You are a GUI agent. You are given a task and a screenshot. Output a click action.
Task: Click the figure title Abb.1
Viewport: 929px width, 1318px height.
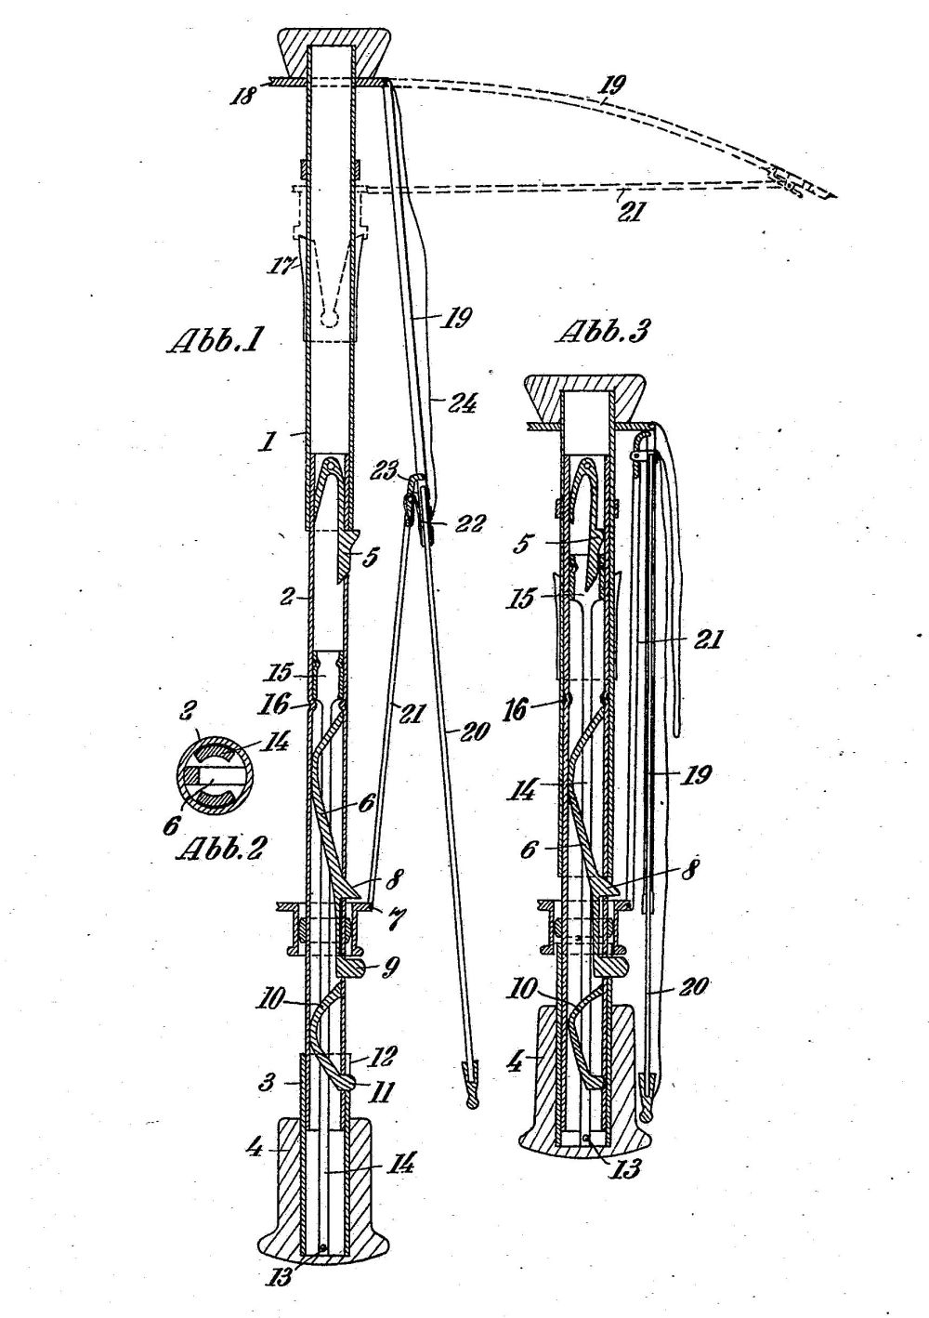(216, 343)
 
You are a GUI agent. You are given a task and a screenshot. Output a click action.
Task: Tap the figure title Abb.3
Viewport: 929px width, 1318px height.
(603, 332)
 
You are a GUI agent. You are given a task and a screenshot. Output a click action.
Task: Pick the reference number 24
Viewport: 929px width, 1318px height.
(462, 404)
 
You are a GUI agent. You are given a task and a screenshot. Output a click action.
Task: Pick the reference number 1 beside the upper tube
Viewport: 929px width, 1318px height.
(268, 442)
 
